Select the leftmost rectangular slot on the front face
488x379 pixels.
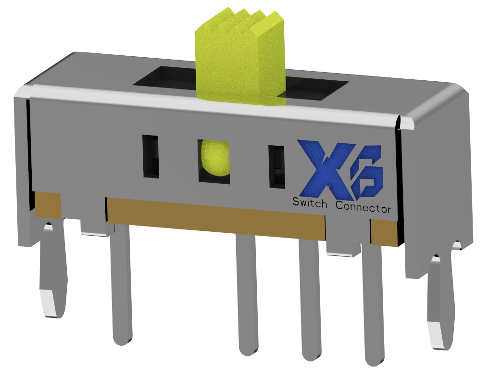(150, 157)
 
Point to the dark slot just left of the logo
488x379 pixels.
(276, 166)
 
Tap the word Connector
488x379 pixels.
(363, 208)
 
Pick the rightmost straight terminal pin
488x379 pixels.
(374, 308)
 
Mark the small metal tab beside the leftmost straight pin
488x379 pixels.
(94, 228)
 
